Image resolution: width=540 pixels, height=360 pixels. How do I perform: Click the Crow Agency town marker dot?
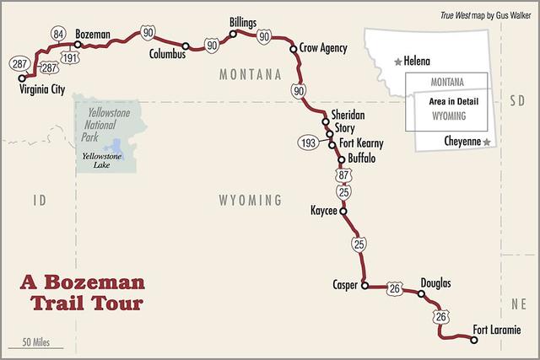tap(294, 48)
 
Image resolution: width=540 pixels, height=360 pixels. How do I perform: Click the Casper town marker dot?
tap(364, 285)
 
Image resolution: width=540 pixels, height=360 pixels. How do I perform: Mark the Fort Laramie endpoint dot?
tap(473, 340)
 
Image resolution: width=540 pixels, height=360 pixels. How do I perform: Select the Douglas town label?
tap(435, 282)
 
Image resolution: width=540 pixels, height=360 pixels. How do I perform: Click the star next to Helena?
tap(398, 62)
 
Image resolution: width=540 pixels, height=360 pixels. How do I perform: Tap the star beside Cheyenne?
tap(487, 143)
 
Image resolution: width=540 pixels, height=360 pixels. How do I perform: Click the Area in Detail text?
tap(447, 100)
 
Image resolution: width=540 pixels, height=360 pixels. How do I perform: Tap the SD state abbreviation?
tap(516, 99)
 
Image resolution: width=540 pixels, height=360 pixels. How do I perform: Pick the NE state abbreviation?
tap(516, 300)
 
